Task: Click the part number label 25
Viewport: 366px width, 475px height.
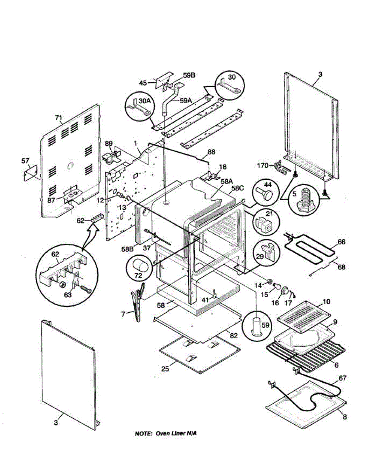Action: pyautogui.click(x=165, y=369)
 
